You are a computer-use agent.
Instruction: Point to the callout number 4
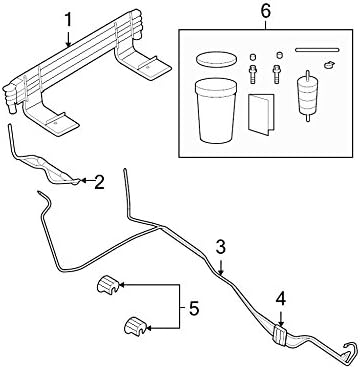pos(281,297)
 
